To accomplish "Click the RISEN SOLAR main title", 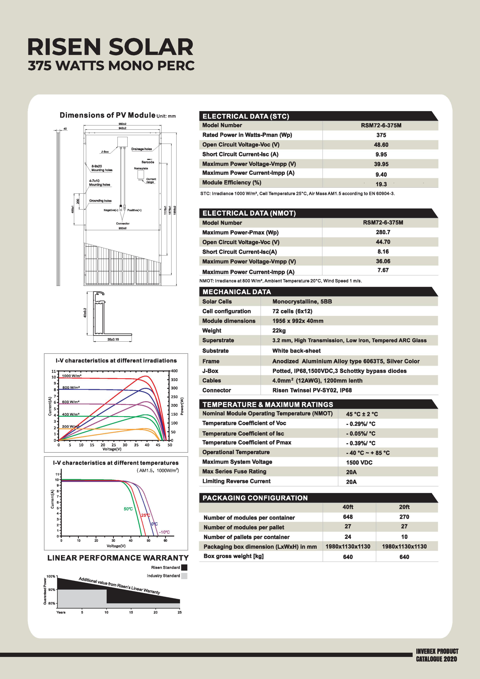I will pos(110,47).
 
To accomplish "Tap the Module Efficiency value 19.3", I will pos(381,184).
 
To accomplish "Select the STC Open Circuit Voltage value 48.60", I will pos(381,145).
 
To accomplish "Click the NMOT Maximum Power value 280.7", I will pos(383,232).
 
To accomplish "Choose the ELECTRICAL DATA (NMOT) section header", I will pos(249,213).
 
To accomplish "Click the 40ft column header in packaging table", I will pos(348,507).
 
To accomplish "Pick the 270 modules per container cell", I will pos(404,517).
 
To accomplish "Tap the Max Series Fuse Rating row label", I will pos(234,471).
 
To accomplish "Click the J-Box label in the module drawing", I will pos(105,152).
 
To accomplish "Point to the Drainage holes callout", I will pos(141,149).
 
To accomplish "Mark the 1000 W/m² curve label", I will pos(72,376).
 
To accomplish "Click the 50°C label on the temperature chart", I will pos(128,509).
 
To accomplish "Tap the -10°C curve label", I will pos(164,532).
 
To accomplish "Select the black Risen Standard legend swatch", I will pos(184,568).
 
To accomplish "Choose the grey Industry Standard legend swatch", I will pos(184,576).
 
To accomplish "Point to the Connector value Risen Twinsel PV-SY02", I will pos(312,390).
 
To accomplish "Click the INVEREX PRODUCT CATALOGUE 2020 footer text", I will pos(437,655).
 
